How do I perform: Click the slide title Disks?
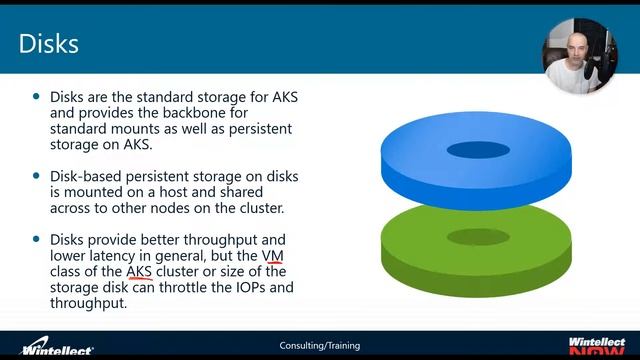[50, 44]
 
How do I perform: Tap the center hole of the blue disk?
[478, 151]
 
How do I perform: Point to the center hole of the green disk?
[478, 236]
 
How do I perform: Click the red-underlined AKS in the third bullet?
[139, 271]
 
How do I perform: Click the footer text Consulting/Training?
[319, 346]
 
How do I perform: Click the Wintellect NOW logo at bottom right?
[597, 345]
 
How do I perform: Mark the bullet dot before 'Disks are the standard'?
[38, 97]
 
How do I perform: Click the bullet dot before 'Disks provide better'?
[38, 239]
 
